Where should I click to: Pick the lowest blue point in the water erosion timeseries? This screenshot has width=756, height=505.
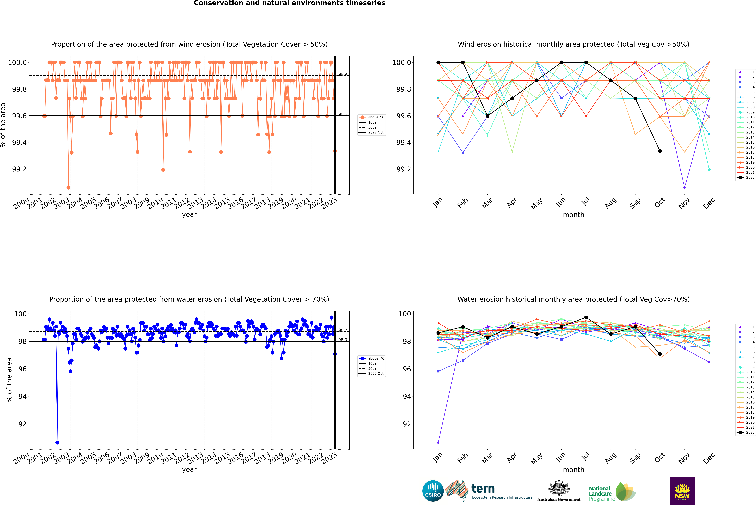point(57,442)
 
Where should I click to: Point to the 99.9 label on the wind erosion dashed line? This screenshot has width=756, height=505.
point(343,74)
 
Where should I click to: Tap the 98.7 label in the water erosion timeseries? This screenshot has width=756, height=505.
point(343,330)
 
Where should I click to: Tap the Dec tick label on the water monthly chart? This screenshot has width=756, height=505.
point(709,458)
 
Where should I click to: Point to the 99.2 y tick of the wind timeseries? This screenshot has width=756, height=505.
point(19,169)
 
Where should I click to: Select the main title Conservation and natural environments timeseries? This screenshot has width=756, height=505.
point(289,3)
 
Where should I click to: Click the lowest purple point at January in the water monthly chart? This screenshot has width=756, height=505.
point(438,442)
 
